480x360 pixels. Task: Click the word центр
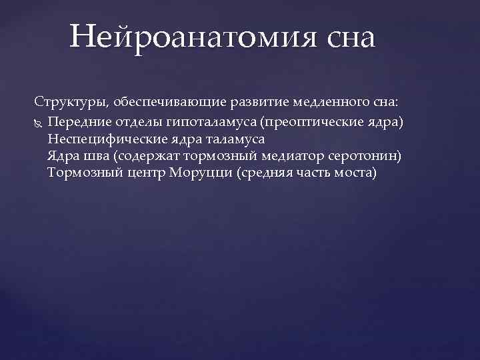147,173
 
